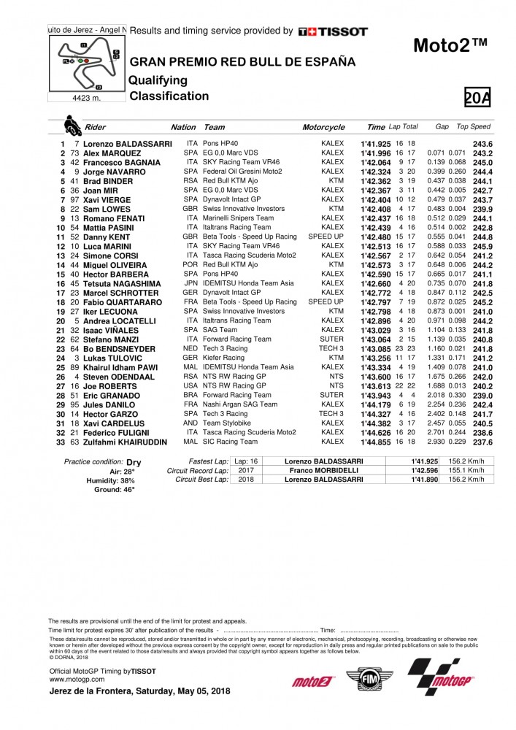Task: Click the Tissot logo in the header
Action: (333, 31)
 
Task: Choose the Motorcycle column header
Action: (323, 127)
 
